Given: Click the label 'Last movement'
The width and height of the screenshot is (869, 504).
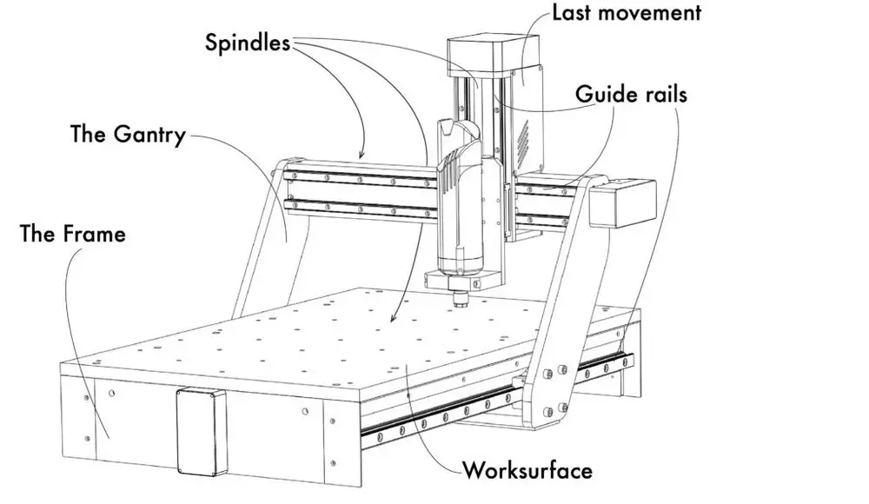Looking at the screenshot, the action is coord(627,13).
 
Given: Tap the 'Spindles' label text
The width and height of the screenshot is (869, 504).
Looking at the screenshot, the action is coord(247,43).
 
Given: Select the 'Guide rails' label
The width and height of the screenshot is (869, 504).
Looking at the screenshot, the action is coord(631,94).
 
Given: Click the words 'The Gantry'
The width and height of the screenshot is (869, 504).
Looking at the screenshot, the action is coord(128,135).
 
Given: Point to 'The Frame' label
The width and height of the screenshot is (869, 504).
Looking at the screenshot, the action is coord(73,234).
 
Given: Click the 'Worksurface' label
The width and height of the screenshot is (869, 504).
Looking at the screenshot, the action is coord(527,471).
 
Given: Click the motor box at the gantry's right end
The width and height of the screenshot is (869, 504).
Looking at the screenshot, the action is coord(622,203).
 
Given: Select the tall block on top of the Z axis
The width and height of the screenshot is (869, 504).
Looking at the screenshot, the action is coord(494,56).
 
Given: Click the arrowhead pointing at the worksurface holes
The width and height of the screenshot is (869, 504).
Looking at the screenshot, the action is coord(393,318).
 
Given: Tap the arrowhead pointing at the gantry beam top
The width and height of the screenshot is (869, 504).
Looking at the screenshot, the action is coord(362,155).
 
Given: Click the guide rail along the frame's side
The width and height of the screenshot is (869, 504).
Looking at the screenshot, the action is coord(495,398).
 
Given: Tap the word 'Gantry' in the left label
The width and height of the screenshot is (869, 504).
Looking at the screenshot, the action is coord(149,136).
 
